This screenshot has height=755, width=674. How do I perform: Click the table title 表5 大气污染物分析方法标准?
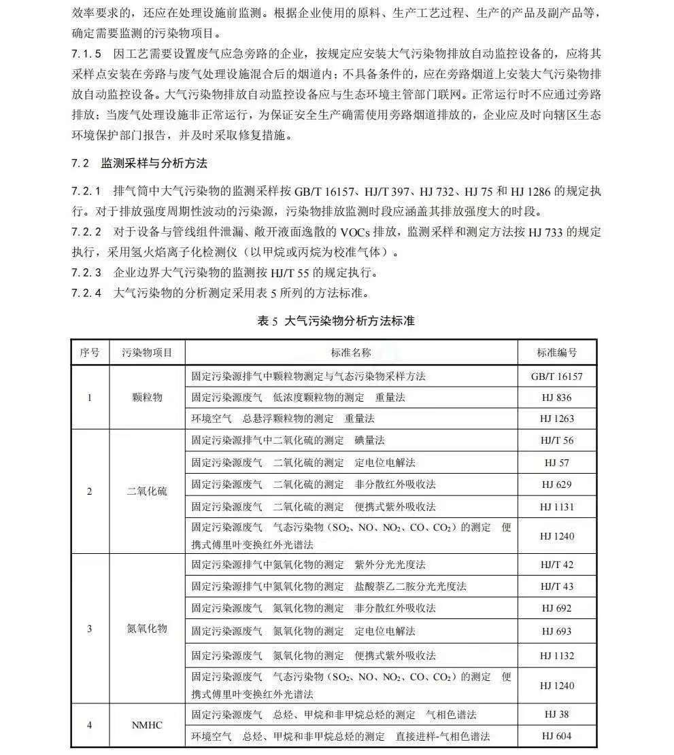point(336,321)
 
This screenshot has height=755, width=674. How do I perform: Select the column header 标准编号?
point(556,353)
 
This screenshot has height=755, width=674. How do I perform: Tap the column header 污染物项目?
point(147,353)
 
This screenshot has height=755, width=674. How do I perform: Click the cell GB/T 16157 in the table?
point(556,376)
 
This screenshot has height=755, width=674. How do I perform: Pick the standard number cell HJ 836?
point(556,398)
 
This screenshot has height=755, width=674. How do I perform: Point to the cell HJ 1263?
point(556,419)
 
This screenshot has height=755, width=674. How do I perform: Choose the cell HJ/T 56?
point(556,440)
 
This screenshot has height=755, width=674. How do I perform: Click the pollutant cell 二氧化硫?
point(147,491)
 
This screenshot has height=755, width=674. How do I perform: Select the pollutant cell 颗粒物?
point(147,398)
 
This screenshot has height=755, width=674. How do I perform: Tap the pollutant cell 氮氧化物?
point(147,629)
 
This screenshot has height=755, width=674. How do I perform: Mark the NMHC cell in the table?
point(147,725)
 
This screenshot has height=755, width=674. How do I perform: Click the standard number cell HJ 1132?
point(556,656)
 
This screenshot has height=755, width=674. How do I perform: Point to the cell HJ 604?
point(556,736)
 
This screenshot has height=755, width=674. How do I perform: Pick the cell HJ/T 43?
point(556,586)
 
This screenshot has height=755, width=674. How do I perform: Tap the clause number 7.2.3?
point(86,273)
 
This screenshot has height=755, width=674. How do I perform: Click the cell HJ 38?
point(556,714)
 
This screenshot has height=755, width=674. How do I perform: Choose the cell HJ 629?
point(556,485)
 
